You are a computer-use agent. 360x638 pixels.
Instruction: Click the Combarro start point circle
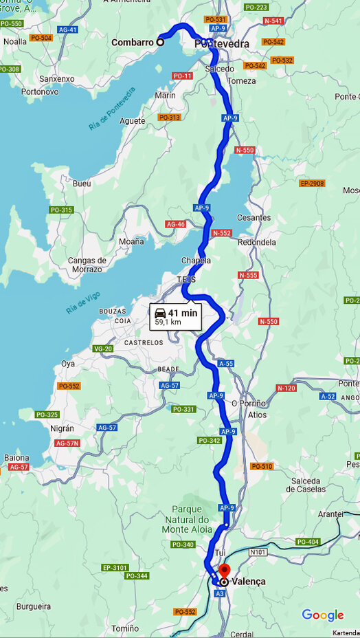pyautogui.click(x=160, y=42)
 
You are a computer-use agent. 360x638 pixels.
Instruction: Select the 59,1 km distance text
pyautogui.click(x=168, y=322)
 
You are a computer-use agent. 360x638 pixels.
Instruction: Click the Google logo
pyautogui.click(x=322, y=615)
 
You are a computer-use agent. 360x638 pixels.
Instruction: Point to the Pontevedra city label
pyautogui.click(x=222, y=44)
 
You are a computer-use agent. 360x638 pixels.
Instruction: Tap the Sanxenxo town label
pyautogui.click(x=57, y=79)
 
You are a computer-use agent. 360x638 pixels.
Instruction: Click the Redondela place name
pyautogui.click(x=256, y=243)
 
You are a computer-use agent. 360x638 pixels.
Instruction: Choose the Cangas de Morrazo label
pyautogui.click(x=87, y=265)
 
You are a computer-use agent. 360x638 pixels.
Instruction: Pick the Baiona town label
pyautogui.click(x=16, y=457)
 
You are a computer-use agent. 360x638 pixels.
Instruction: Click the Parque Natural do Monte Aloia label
pyautogui.click(x=185, y=520)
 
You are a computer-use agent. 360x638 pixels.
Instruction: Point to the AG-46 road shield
pyautogui.click(x=176, y=224)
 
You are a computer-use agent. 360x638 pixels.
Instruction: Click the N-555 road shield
pyautogui.click(x=248, y=275)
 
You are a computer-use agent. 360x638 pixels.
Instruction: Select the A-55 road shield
pyautogui.click(x=225, y=363)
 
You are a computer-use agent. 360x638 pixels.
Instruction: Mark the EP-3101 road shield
pyautogui.click(x=115, y=567)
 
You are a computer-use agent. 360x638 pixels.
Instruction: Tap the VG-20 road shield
pyautogui.click(x=102, y=349)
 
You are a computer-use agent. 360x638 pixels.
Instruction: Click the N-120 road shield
pyautogui.click(x=286, y=388)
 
